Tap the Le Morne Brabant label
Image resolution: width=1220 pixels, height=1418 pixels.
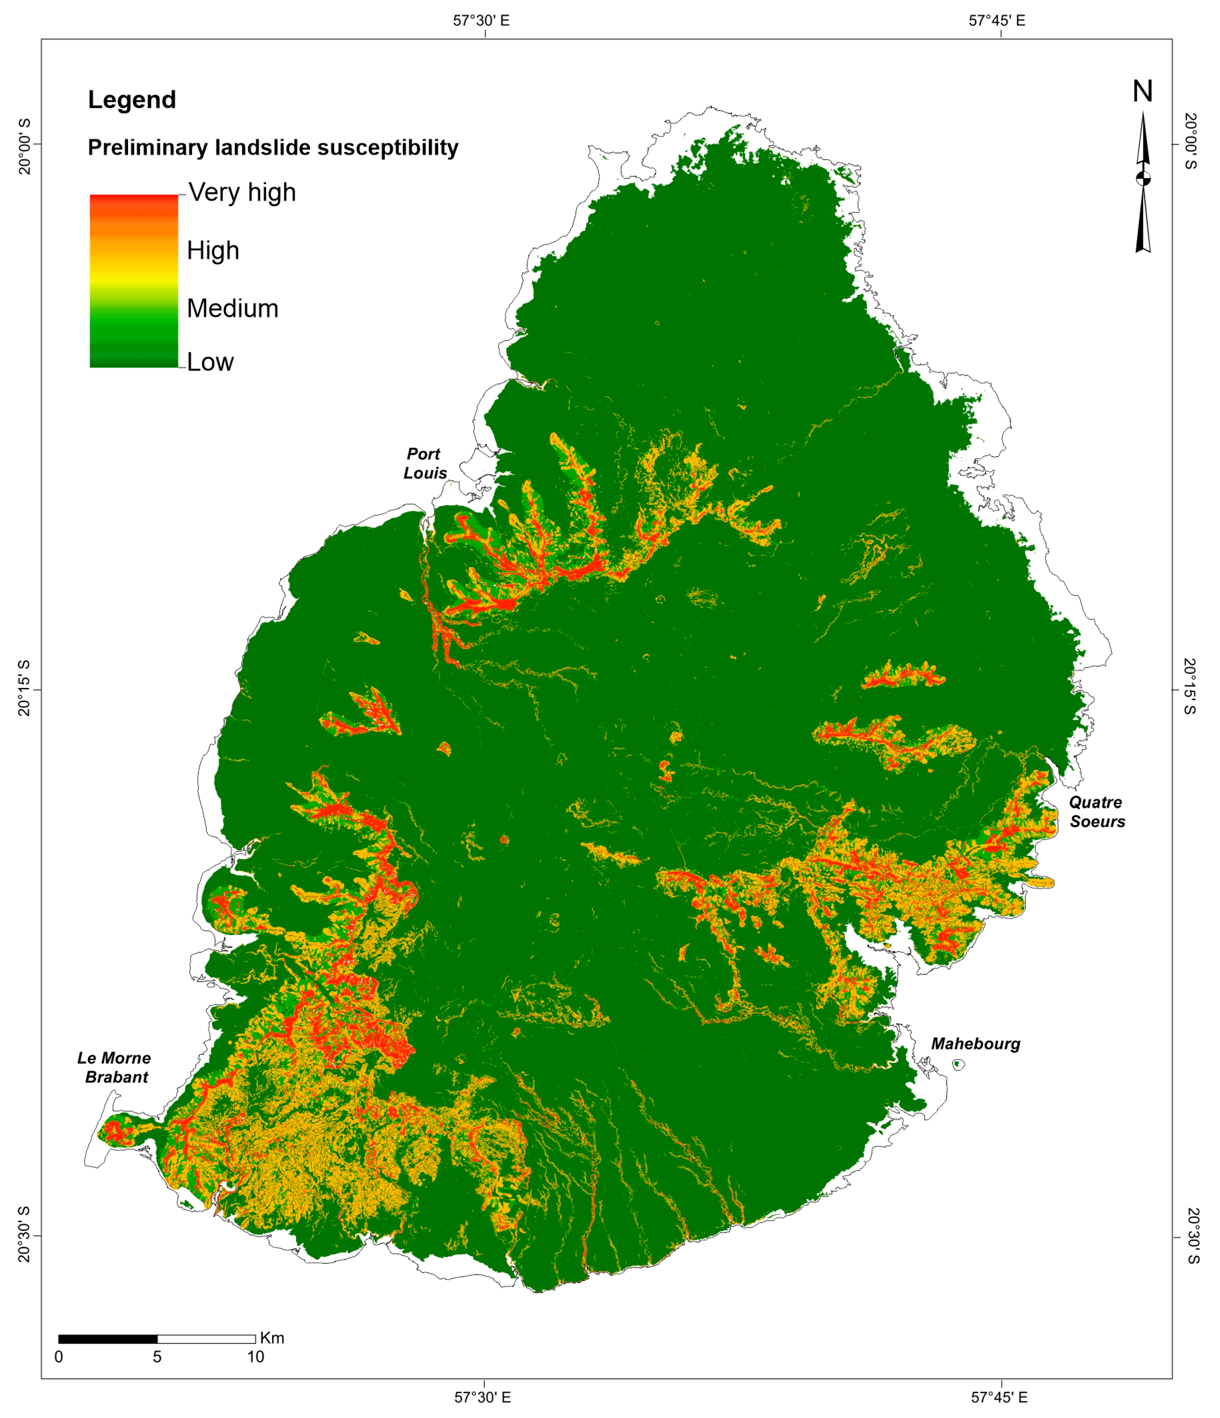point(114,1068)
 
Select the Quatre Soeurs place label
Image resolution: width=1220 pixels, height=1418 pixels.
point(1097,812)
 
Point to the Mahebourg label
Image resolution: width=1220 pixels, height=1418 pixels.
point(975,1044)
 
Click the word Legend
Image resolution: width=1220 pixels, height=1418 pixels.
point(132,100)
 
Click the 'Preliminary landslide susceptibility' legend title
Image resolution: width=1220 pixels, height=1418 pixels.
point(273,148)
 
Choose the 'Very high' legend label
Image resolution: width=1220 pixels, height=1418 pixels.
point(242,192)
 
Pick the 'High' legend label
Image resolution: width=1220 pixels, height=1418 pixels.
point(213,250)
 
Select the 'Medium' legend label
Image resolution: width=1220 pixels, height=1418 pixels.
point(233,309)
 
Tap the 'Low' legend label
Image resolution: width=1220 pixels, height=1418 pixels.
point(210,362)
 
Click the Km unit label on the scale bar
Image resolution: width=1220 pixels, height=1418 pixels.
point(272,1338)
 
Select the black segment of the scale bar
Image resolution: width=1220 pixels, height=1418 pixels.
point(108,1339)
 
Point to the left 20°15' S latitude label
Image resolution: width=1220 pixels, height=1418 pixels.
point(24,688)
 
